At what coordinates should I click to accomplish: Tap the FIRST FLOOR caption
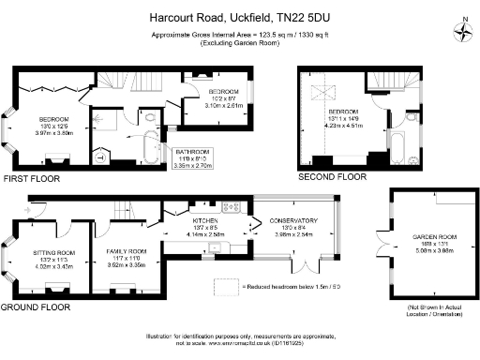pos(31,178)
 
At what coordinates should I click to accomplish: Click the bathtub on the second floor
pos(394,148)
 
